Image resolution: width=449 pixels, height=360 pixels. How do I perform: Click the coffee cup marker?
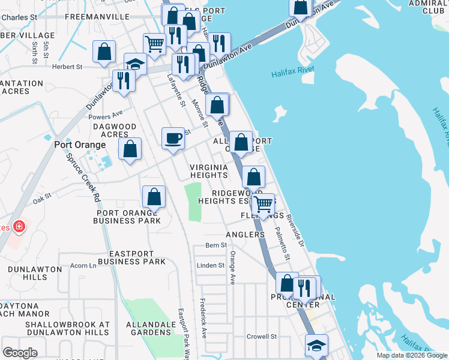coord(173,138)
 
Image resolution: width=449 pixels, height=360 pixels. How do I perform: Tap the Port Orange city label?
coord(80,145)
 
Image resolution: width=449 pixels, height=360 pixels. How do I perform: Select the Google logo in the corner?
coord(20,352)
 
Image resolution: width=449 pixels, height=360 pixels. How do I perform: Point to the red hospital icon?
coord(19,226)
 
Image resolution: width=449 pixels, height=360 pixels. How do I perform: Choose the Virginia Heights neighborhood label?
coord(209,171)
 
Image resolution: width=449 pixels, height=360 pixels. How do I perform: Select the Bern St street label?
coord(216,245)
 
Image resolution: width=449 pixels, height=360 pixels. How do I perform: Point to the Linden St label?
coord(211,265)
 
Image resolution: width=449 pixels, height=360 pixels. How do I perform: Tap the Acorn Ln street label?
coord(84,265)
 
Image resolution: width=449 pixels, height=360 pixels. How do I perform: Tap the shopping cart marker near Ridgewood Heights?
coord(263,205)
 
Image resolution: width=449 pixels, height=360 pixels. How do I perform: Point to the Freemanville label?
coord(106,17)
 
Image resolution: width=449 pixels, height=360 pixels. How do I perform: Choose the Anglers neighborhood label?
coord(245,235)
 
